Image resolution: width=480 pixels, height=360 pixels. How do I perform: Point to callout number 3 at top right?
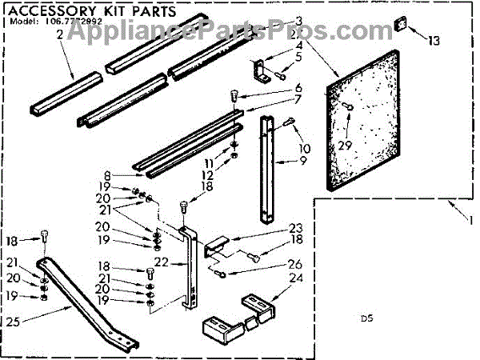[276, 19]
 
